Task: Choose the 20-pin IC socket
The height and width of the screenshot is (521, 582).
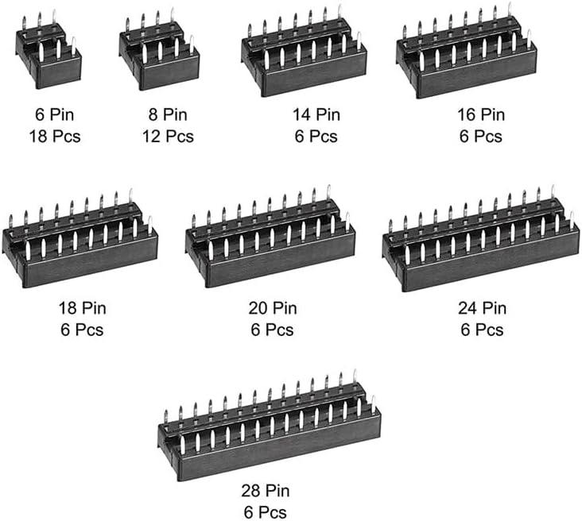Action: [270, 242]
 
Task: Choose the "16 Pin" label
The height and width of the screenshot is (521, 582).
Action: [480, 116]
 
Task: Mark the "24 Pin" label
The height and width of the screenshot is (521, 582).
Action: [481, 308]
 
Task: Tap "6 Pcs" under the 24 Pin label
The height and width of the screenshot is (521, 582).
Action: [481, 328]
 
